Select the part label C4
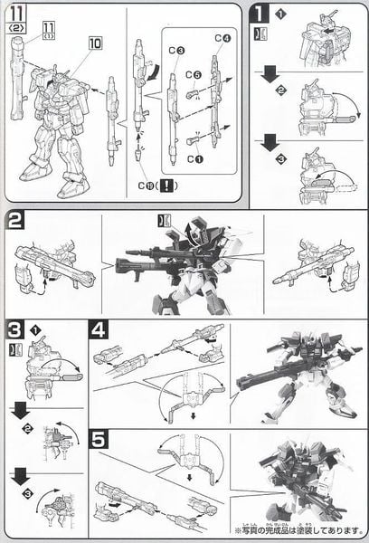tap(223, 37)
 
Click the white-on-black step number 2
tap(15, 222)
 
